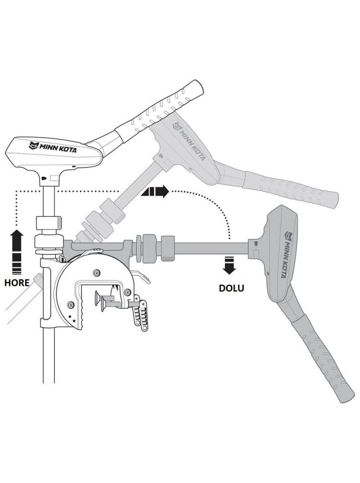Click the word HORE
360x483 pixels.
pos(17,283)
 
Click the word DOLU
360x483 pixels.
pos(231,288)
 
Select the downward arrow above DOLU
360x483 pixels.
pos(229,265)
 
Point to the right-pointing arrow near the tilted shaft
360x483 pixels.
pos(155,192)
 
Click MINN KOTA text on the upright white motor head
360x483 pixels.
pos(53,147)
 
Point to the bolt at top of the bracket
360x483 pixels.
pos(95,272)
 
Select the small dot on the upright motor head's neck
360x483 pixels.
pos(43,179)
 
